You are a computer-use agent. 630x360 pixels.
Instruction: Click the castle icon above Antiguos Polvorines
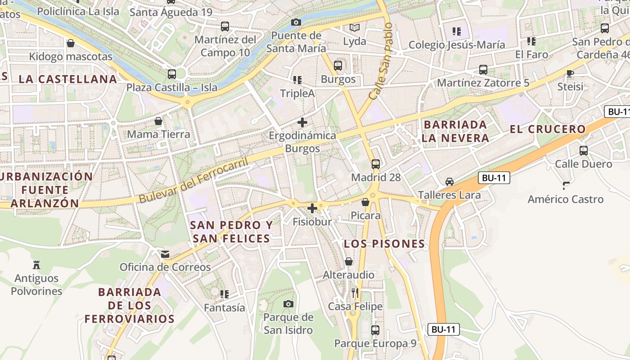coord(36,265)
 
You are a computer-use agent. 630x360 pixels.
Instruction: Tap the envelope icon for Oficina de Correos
coord(166,254)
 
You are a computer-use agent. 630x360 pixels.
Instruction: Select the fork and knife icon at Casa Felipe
coord(355,293)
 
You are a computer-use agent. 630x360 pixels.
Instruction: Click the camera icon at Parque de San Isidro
coord(288,304)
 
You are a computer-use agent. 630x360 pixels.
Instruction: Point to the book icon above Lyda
coord(355,28)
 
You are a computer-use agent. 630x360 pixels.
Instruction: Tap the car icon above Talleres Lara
coord(449,182)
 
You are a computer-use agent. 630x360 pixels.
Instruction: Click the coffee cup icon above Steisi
coord(570,73)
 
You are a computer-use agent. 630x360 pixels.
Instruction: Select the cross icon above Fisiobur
coord(312,208)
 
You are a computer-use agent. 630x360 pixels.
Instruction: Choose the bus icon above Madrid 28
coord(376,164)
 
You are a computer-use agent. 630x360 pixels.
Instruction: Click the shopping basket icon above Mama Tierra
coord(158,121)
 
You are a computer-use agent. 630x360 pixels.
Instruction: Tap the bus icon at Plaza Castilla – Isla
coord(171,74)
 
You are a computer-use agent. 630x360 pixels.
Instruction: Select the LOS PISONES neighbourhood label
coord(384,244)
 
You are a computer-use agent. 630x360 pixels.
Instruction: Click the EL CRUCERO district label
coord(548,130)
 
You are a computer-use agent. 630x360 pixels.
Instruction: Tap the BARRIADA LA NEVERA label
coord(455,131)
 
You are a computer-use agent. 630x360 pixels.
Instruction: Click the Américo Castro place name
coord(565,199)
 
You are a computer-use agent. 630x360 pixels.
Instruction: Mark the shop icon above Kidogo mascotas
coord(71,44)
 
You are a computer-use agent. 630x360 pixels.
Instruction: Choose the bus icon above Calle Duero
coord(584,151)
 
